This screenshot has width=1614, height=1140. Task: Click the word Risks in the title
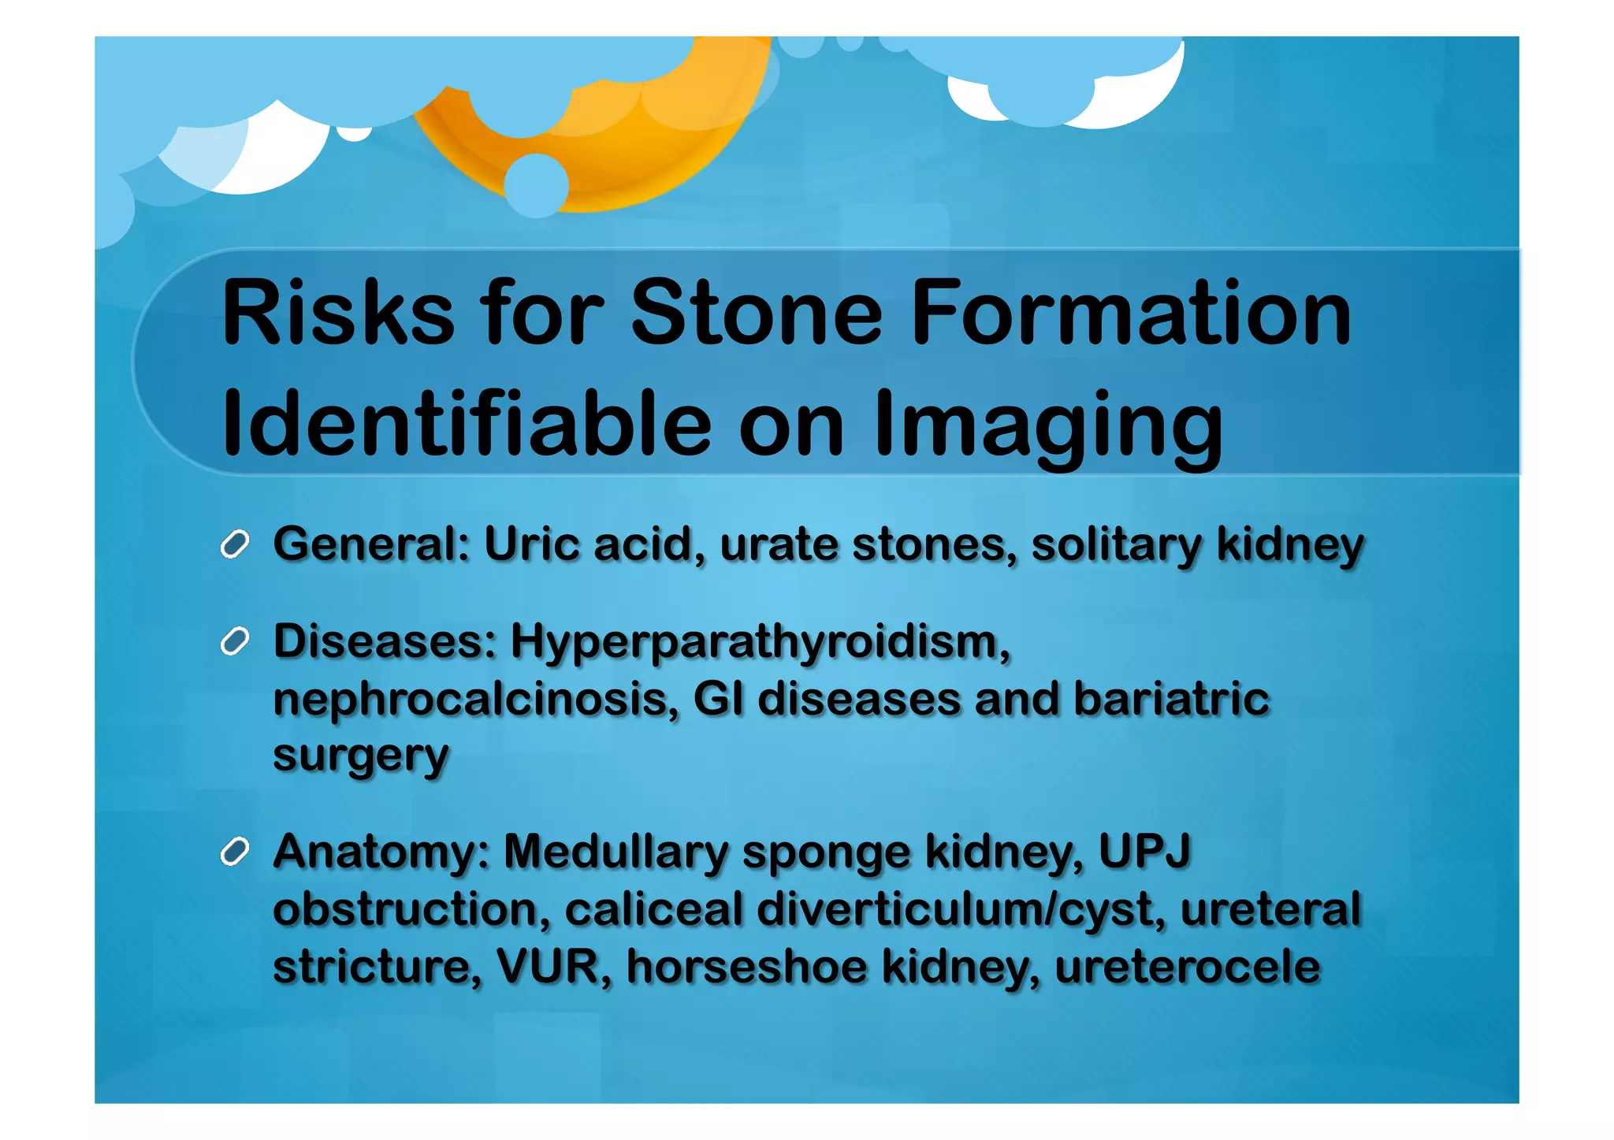coord(338,313)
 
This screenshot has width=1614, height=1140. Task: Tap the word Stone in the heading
coord(756,313)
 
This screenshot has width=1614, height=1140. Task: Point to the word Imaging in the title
coord(1048,425)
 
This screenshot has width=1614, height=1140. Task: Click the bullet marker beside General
coord(235,544)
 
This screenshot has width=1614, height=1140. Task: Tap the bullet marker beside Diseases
coord(235,642)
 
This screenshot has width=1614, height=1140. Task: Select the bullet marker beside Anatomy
coord(235,852)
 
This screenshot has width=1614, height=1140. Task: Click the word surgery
coord(361,756)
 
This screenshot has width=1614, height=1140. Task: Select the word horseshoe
coord(746,967)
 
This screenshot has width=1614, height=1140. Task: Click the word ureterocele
coord(1187,967)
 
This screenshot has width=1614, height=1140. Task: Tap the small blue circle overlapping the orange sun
coord(536,186)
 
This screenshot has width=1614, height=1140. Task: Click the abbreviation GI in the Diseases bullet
coord(718,699)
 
